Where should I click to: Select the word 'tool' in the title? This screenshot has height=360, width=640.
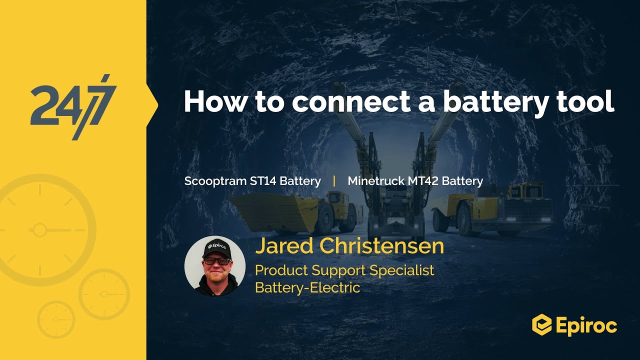[x=588, y=101]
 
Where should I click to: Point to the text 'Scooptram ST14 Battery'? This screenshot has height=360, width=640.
[x=252, y=181]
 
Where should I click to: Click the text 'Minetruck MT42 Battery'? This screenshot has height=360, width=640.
[x=415, y=181]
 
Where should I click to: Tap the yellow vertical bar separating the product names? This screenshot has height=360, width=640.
[x=334, y=181]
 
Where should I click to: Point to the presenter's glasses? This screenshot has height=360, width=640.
[x=217, y=261]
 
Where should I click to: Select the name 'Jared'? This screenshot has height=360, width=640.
[x=284, y=246]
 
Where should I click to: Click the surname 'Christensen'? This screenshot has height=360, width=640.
[x=381, y=246]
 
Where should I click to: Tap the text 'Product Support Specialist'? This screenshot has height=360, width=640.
[x=344, y=270]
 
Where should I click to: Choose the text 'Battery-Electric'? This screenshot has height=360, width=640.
[x=307, y=287]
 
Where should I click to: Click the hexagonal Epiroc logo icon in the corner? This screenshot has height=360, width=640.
[x=541, y=324]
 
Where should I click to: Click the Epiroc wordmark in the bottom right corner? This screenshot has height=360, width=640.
[x=586, y=325]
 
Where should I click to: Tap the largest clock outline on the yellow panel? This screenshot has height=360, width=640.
[x=40, y=230]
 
